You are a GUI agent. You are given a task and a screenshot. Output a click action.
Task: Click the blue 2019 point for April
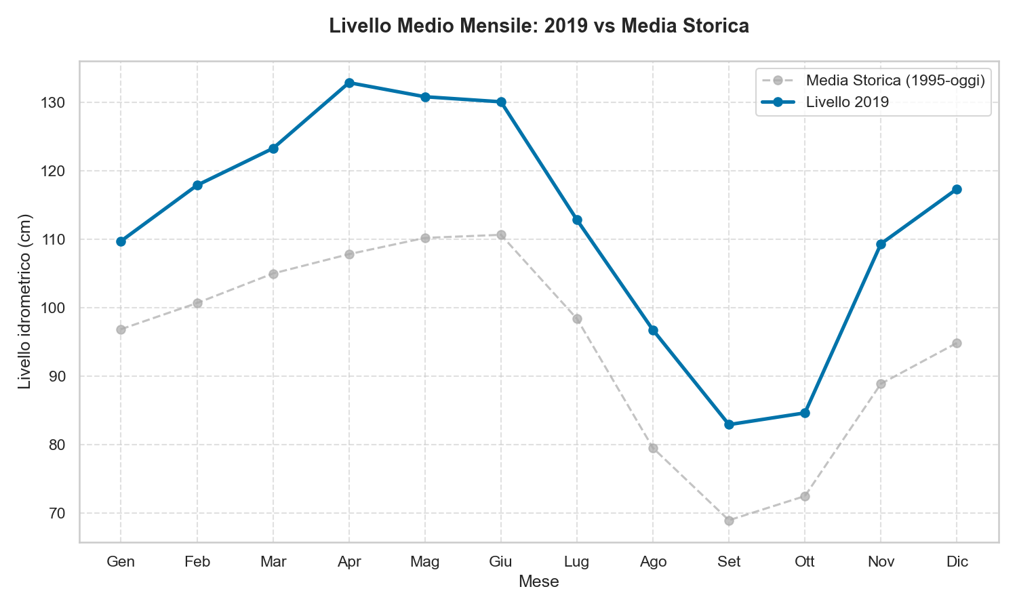click(x=349, y=83)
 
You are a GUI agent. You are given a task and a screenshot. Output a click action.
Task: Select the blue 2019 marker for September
click(x=729, y=424)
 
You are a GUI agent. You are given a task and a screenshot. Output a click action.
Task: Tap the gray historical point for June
click(x=501, y=235)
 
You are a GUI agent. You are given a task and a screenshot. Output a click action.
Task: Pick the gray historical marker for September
click(x=729, y=521)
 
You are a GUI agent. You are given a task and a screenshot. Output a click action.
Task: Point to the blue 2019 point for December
click(x=957, y=189)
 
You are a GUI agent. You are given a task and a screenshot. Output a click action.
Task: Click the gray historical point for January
click(x=121, y=329)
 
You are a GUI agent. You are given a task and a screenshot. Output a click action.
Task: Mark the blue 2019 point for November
click(x=881, y=244)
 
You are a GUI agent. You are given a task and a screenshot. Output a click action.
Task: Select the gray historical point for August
click(x=653, y=448)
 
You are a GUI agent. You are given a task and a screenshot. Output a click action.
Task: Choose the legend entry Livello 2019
click(x=847, y=102)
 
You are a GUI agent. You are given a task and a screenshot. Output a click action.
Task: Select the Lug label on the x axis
click(x=577, y=562)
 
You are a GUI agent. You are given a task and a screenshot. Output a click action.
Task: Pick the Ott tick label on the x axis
click(x=805, y=562)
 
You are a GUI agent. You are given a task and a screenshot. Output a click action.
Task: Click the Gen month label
click(x=121, y=562)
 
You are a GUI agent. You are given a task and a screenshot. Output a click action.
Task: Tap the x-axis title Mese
click(x=538, y=582)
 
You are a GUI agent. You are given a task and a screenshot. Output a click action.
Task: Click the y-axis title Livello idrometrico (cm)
click(x=25, y=302)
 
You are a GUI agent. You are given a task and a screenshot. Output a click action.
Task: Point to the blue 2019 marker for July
click(x=577, y=220)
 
